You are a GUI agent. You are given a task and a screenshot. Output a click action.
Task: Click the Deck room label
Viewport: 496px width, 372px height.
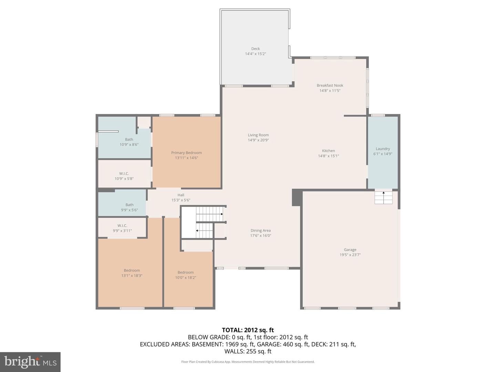pyautogui.click(x=255, y=49)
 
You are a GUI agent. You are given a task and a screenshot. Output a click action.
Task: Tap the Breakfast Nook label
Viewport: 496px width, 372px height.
pyautogui.click(x=330, y=85)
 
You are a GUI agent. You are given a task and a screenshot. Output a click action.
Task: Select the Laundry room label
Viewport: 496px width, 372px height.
pyautogui.click(x=383, y=149)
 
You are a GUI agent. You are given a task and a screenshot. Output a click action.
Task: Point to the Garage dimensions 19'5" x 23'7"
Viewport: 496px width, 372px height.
pyautogui.click(x=350, y=255)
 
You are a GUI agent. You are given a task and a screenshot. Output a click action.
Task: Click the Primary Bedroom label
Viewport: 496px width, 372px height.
pyautogui.click(x=186, y=153)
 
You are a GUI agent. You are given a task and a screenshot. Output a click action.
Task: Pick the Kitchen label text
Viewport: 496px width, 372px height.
pyautogui.click(x=328, y=151)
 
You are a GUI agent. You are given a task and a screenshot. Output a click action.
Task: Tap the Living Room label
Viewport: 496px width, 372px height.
pyautogui.click(x=258, y=135)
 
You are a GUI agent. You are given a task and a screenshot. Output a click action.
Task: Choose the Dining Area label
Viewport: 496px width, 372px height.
pyautogui.click(x=260, y=231)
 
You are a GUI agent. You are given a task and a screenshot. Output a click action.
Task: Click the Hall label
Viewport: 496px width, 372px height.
pyautogui.click(x=181, y=195)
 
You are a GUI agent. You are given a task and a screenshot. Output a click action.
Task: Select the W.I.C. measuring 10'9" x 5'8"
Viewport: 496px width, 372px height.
pyautogui.click(x=124, y=176)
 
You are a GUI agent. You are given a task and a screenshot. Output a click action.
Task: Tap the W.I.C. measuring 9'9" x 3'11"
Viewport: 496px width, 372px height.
pyautogui.click(x=122, y=228)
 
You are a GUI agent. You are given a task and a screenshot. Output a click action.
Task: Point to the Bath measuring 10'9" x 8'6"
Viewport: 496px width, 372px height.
pyautogui.click(x=129, y=142)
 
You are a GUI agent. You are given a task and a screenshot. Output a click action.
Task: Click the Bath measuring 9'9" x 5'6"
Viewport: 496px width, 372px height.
pyautogui.click(x=129, y=207)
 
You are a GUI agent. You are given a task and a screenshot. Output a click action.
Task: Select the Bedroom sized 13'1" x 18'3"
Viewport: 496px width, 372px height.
pyautogui.click(x=132, y=273)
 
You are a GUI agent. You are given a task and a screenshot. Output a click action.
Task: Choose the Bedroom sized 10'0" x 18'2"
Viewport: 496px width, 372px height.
pyautogui.click(x=185, y=275)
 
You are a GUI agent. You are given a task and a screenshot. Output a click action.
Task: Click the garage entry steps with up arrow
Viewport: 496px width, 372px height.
pyautogui.click(x=383, y=197)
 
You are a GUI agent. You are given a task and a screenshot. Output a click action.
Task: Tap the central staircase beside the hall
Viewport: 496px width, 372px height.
pyautogui.click(x=203, y=223)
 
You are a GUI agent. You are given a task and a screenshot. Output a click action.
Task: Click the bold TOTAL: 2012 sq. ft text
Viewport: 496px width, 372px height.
pyautogui.click(x=248, y=330)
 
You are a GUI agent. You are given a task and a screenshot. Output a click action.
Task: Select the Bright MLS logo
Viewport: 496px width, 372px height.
pyautogui.click(x=30, y=362)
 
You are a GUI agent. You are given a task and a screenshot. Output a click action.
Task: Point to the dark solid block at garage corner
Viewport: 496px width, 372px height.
pyautogui.click(x=296, y=198)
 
